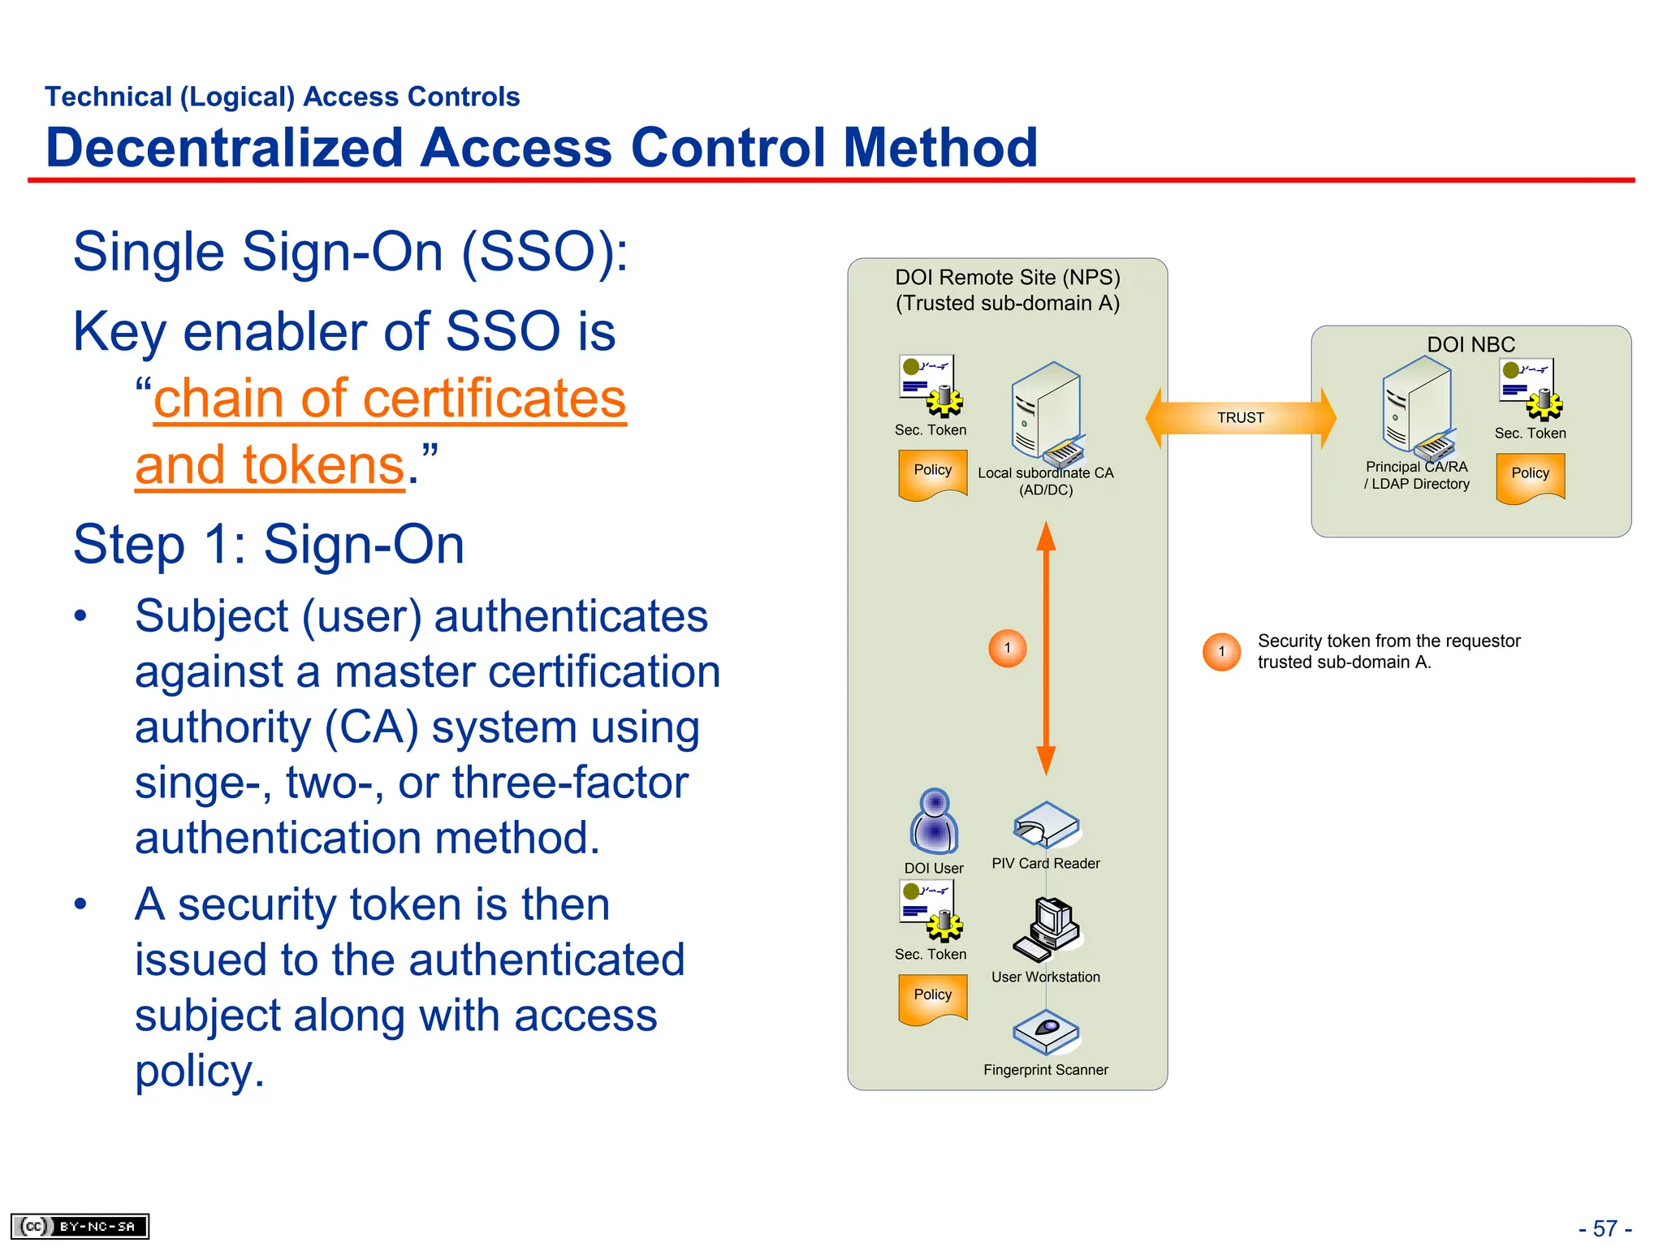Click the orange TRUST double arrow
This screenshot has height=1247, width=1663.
click(1240, 417)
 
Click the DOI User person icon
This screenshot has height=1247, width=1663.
click(935, 821)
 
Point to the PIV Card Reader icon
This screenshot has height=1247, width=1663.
click(1046, 826)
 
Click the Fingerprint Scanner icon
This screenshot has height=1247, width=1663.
click(1046, 1032)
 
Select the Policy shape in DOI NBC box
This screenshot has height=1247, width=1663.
click(1530, 477)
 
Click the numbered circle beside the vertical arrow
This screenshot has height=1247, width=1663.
click(1008, 648)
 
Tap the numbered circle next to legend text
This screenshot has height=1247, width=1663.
click(1221, 652)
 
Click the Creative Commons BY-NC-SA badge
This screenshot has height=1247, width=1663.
click(80, 1226)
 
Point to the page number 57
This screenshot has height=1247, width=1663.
click(1605, 1228)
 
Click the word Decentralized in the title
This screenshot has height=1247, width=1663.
click(224, 148)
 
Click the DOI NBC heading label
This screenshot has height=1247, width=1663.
click(1471, 344)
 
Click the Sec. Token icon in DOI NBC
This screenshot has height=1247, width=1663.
click(1531, 390)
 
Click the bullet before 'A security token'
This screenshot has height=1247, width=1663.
click(80, 904)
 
